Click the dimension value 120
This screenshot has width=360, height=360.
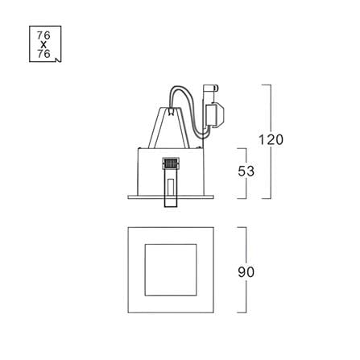point(271,139)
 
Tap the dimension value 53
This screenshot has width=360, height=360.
point(246,172)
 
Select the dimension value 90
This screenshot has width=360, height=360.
point(246,272)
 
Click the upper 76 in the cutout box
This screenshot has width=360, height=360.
point(43,35)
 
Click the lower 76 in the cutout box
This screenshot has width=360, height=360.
point(43,54)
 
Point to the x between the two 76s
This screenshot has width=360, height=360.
point(43,44)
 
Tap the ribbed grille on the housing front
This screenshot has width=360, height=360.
point(170,163)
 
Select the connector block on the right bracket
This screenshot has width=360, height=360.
point(215,115)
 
